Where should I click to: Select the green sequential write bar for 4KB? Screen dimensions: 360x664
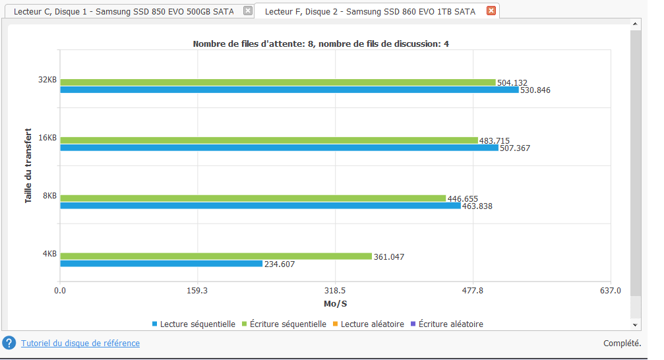(x=216, y=256)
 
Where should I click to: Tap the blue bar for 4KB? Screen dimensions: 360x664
(x=161, y=264)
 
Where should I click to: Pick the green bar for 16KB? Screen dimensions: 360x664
(x=268, y=140)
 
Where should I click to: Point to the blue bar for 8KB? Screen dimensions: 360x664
(x=260, y=206)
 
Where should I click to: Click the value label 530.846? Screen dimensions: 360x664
(x=535, y=90)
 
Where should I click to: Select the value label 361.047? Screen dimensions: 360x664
(x=388, y=256)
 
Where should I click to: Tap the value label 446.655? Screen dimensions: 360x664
(x=462, y=198)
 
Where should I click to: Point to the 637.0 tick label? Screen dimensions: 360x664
(x=611, y=290)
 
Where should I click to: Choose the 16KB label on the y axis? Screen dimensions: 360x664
(x=47, y=138)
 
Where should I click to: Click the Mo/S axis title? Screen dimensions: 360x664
(x=336, y=303)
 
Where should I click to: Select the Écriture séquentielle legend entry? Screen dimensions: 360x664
(x=287, y=324)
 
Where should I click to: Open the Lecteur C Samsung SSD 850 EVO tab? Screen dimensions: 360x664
(x=123, y=11)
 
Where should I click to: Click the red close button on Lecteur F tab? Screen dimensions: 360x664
(x=491, y=11)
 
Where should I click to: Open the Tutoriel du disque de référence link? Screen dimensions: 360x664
(x=80, y=343)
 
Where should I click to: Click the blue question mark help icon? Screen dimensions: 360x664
(x=9, y=343)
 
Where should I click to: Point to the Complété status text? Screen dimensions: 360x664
(x=622, y=343)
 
